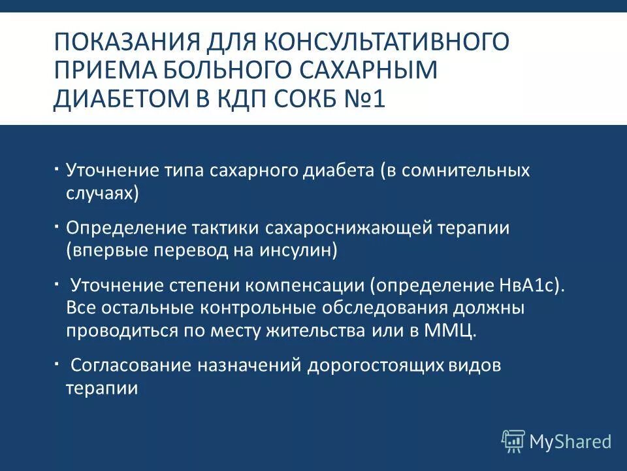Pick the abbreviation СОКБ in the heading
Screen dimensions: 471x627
[347, 100]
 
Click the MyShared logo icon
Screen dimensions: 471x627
[513, 441]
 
